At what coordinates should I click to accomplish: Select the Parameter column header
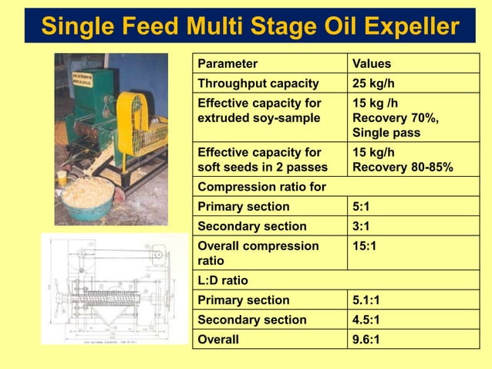pyautogui.click(x=227, y=64)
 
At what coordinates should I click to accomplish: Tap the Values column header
pyautogui.click(x=371, y=64)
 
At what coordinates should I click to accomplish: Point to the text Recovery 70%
pyautogui.click(x=395, y=118)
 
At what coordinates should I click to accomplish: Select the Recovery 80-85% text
pyautogui.click(x=403, y=168)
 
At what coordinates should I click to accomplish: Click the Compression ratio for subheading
pyautogui.click(x=261, y=187)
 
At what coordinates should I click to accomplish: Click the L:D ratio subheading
pyautogui.click(x=223, y=281)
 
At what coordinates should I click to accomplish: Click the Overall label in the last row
pyautogui.click(x=218, y=340)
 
